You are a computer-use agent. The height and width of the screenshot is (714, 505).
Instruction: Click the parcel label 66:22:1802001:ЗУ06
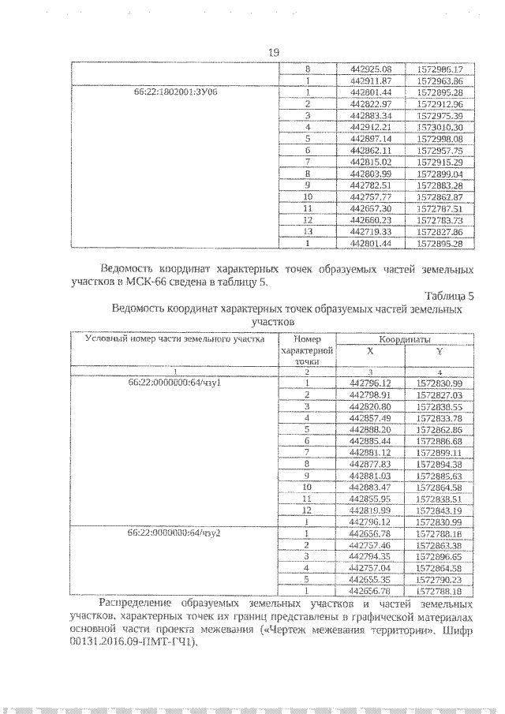click(x=171, y=92)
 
